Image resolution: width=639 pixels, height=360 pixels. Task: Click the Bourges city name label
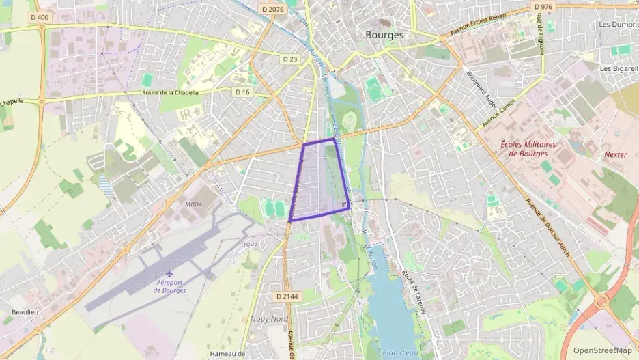pos(384,35)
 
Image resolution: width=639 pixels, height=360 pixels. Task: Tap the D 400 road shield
pos(40,16)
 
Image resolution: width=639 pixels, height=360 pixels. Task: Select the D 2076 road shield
pos(272,9)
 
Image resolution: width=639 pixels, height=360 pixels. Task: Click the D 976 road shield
pos(543,6)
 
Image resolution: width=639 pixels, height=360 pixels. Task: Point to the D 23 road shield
pos(290,59)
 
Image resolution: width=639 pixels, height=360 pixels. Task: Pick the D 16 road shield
pos(242,92)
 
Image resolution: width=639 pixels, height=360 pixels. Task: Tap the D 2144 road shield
pos(287,296)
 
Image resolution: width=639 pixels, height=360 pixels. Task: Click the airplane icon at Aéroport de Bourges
pos(169,275)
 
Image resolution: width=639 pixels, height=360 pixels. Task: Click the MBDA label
pos(194,204)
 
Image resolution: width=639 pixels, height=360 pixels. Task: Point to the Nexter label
pos(615,155)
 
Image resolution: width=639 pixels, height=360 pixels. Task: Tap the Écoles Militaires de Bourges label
pos(528,148)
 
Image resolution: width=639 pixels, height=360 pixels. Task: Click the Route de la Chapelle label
pos(170,92)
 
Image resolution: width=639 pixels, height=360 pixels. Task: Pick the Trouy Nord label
pos(268,319)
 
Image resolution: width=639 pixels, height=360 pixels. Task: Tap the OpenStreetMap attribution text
pos(602,350)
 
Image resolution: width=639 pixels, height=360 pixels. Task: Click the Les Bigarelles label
pos(619,69)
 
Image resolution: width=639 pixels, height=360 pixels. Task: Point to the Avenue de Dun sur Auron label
pos(549,228)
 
